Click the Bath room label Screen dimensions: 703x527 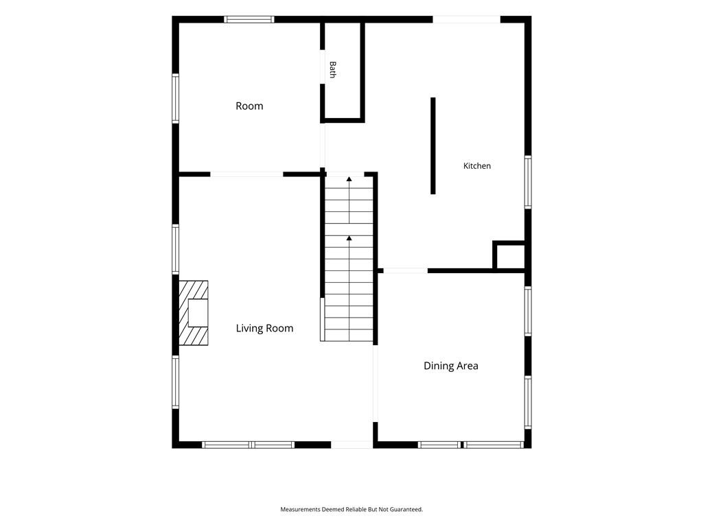tap(332, 70)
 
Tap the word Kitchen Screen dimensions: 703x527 tap(476, 166)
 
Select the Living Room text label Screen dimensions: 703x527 tap(264, 329)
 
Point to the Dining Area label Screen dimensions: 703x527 tap(450, 366)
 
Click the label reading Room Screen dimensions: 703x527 tap(249, 106)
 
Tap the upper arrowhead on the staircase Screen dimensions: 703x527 tap(349, 179)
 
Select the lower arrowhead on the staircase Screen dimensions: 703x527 tap(349, 238)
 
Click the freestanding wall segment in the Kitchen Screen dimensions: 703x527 tap(433, 145)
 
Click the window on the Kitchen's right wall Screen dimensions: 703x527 tap(528, 181)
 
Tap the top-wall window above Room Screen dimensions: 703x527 tap(249, 19)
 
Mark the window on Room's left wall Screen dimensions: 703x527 tap(175, 98)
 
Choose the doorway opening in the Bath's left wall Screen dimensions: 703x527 tap(322, 67)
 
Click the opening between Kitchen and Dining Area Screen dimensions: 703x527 tap(405, 270)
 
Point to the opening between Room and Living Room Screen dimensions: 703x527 tap(246, 174)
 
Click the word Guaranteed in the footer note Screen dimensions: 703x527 tap(406, 510)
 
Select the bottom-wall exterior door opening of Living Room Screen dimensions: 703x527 tap(352, 445)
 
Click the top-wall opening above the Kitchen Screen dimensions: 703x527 tap(466, 19)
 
